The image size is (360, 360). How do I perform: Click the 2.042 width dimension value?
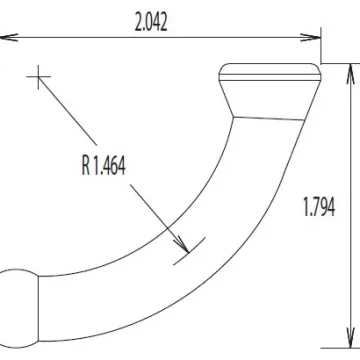(151, 23)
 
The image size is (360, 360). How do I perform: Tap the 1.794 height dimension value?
(319, 207)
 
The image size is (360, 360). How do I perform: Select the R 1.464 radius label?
(104, 166)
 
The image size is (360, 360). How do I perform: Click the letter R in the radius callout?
(86, 166)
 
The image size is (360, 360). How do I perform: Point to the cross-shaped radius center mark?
(39, 77)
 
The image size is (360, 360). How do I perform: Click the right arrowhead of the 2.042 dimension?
(310, 37)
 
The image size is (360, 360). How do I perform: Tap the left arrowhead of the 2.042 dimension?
(9, 37)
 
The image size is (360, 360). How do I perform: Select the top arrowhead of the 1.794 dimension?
(350, 74)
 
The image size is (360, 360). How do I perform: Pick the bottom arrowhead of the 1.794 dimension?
(350, 338)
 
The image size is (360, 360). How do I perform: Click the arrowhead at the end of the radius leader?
(182, 244)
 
